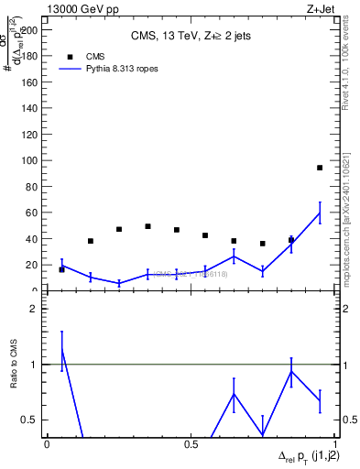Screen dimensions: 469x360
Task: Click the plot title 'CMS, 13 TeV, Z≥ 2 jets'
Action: coord(191,37)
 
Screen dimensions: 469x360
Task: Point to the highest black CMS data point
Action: coord(319,168)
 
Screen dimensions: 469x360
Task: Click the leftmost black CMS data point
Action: coord(61,269)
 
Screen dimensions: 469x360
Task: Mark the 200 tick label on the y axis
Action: coord(32,29)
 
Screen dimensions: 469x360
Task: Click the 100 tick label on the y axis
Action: coord(32,160)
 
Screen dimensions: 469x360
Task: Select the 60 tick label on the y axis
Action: coord(34,213)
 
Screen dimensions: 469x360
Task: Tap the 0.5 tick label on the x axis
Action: coord(191,443)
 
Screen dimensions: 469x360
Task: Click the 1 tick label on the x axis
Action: coord(334,443)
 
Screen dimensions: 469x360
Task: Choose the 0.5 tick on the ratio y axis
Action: coord(32,420)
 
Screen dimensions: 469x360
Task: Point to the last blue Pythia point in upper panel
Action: coord(319,213)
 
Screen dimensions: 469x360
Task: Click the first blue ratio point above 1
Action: coord(61,350)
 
